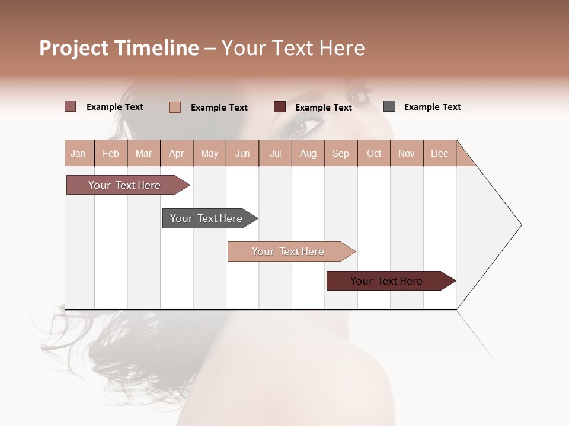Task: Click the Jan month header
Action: click(78, 153)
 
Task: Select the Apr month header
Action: click(177, 153)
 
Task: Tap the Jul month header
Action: click(275, 153)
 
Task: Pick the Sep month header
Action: click(340, 153)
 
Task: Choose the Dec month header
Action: click(439, 153)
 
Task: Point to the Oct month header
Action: click(374, 153)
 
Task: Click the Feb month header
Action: click(111, 153)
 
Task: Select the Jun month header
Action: click(242, 153)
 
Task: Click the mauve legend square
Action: click(70, 106)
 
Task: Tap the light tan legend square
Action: click(175, 107)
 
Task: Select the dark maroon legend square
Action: click(280, 107)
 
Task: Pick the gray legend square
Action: click(389, 106)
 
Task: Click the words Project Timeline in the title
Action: click(119, 48)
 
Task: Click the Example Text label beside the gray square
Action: click(432, 107)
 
